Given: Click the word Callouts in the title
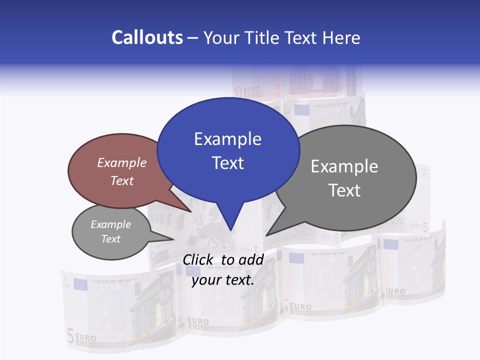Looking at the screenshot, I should pos(147,37).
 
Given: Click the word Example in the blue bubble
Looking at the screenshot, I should pos(228,139).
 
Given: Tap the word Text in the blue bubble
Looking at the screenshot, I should pos(228,163).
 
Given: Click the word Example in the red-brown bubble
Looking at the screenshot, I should pos(122,162).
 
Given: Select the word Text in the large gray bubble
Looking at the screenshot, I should pos(345,190).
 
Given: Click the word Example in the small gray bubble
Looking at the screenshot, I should pos(110,224).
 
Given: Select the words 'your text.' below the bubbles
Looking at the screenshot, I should pos(223,280).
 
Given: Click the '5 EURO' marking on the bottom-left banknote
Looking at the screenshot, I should pos(82,337).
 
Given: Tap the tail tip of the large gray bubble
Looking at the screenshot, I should pos(266,235).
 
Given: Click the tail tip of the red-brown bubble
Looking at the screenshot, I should pos(191,211).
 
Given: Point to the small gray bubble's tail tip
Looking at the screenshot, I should pos(173,239).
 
